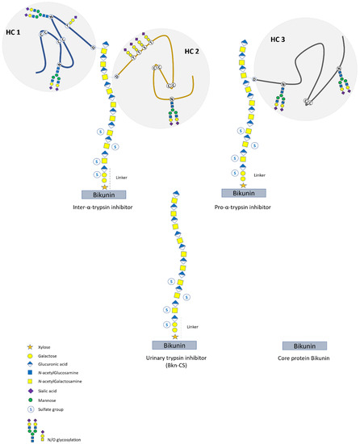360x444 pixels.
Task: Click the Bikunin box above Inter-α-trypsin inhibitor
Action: tap(107, 195)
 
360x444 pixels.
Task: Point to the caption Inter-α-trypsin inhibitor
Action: tap(107, 208)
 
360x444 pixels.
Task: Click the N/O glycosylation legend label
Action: tap(53, 439)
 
